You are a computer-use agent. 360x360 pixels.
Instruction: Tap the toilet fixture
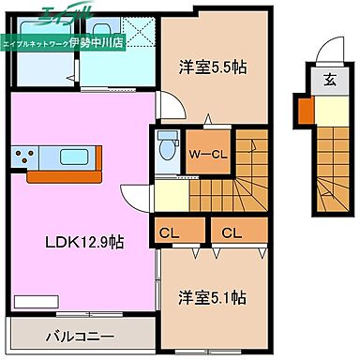tap(166, 146)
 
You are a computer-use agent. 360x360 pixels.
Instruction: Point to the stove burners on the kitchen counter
tap(24, 155)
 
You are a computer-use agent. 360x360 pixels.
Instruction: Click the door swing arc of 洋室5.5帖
tap(164, 106)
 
